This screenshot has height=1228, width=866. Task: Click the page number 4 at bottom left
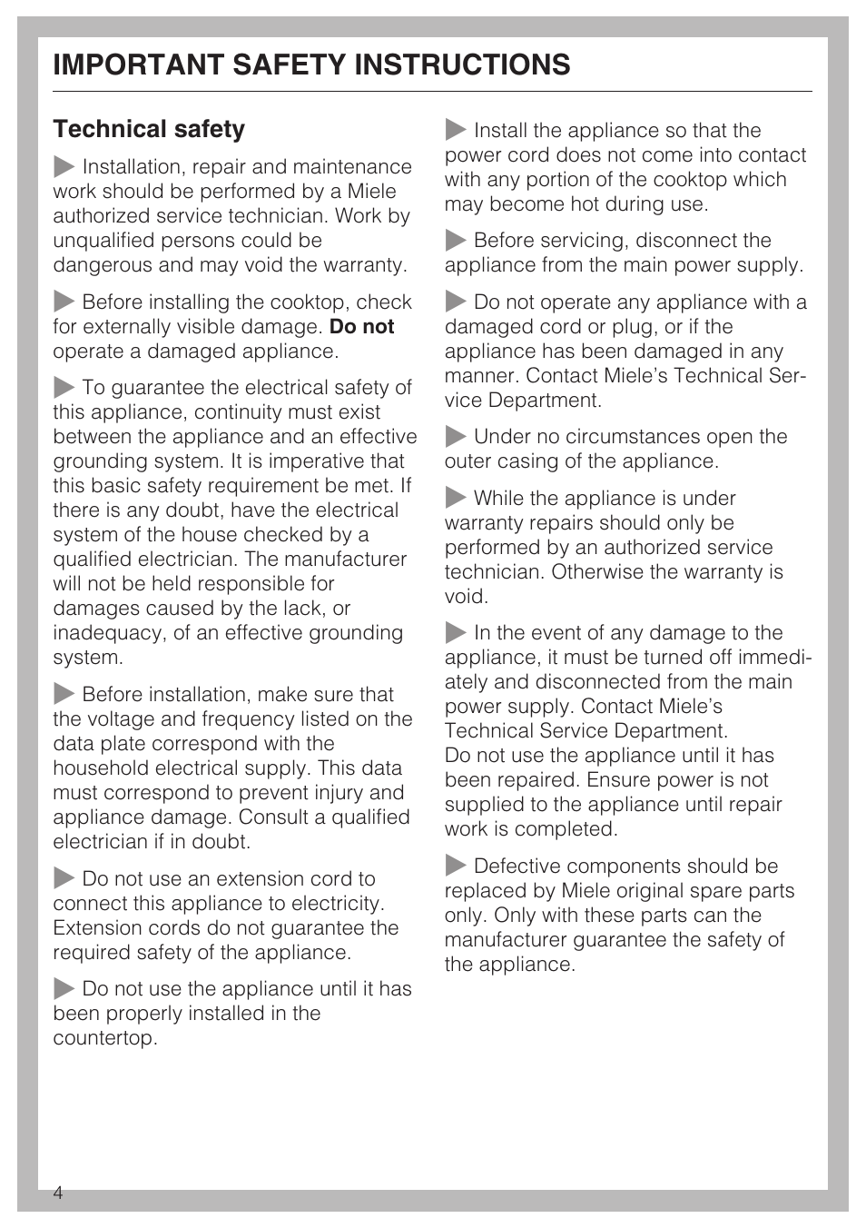58,1193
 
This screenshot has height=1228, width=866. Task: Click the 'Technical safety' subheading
149,129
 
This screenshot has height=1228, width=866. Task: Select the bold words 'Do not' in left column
361,327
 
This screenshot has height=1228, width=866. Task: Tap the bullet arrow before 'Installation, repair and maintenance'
64,167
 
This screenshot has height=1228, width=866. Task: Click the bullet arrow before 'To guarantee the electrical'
64,388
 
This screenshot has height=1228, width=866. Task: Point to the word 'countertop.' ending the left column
104,1038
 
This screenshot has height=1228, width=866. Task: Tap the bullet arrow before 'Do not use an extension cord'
64,879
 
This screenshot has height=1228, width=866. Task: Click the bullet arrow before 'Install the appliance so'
456,131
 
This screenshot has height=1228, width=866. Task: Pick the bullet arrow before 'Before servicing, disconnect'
456,241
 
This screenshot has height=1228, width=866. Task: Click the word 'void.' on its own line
466,597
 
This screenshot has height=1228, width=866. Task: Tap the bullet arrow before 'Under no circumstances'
456,437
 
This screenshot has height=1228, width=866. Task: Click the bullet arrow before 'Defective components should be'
456,867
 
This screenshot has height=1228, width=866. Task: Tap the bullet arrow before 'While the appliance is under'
456,499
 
